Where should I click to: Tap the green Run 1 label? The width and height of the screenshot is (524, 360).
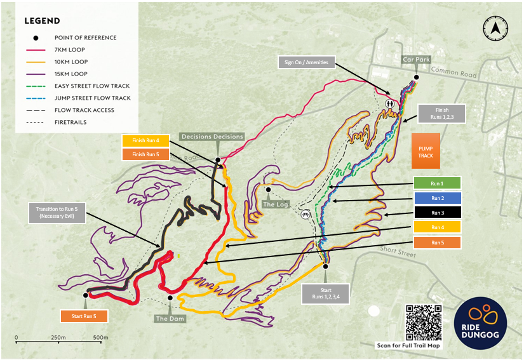click(437, 183)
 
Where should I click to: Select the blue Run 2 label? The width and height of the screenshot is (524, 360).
click(437, 198)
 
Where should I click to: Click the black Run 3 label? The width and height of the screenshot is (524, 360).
click(437, 213)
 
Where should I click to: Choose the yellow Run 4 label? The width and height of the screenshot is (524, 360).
click(437, 227)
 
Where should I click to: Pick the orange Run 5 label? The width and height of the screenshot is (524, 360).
click(437, 242)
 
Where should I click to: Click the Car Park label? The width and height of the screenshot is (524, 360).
click(417, 60)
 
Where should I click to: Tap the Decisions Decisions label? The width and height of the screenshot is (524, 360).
click(212, 137)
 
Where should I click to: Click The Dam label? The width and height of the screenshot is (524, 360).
click(170, 319)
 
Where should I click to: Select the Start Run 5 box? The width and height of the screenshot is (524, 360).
click(84, 316)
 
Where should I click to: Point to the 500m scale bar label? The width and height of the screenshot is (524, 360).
click(100, 337)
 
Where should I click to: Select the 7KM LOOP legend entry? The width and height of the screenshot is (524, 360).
click(70, 50)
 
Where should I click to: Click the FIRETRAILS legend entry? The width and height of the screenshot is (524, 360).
click(69, 122)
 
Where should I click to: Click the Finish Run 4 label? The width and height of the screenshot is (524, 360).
click(145, 140)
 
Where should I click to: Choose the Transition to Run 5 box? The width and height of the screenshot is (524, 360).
click(57, 212)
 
